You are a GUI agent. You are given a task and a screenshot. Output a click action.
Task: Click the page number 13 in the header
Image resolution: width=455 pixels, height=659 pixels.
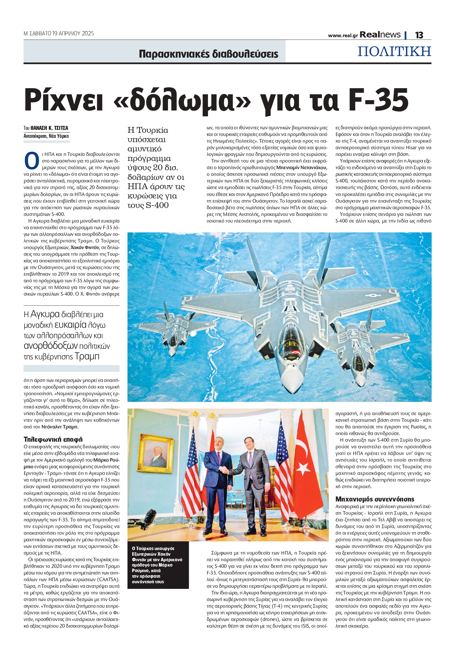click(419, 35)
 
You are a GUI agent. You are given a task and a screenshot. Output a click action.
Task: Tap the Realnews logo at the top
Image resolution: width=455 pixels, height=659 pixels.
click(380, 35)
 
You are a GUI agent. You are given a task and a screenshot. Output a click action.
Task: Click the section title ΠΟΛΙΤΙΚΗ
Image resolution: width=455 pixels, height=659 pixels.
click(394, 51)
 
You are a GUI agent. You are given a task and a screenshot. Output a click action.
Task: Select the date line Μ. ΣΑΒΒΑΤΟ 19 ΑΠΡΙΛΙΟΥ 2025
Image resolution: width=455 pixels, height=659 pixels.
click(59, 33)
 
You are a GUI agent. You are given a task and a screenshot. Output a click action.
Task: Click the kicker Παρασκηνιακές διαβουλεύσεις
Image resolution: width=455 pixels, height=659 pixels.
click(209, 54)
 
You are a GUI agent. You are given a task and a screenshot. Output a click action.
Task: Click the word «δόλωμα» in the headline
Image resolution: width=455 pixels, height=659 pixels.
click(182, 101)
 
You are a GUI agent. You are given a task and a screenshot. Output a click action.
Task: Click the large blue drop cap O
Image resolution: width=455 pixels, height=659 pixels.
click(31, 161)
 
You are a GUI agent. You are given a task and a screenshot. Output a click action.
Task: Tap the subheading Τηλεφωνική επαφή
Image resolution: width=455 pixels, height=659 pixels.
click(53, 439)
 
